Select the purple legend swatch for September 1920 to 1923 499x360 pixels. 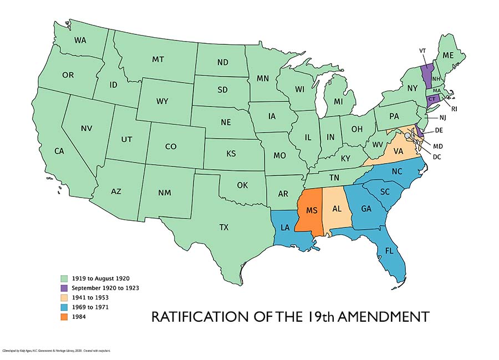click(64, 288)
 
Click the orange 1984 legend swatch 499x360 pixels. click(64, 318)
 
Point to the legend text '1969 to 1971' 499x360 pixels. click(91, 308)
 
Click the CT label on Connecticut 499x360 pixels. click(432, 99)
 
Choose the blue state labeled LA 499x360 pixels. click(284, 227)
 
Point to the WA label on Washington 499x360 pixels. click(80, 40)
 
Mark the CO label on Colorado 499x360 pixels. click(170, 146)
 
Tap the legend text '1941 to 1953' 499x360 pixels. click(91, 298)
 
